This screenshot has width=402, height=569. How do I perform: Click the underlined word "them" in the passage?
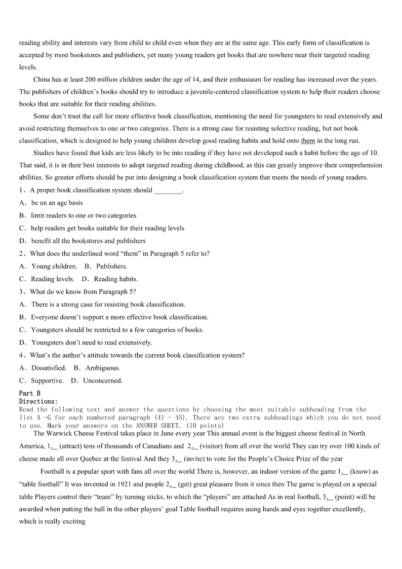[x=308, y=141]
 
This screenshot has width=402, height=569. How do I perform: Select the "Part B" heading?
[x=30, y=393]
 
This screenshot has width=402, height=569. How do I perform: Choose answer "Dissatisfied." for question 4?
[x=49, y=368]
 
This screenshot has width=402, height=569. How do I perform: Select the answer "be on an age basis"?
[x=57, y=203]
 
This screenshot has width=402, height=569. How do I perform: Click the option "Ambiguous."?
[x=103, y=368]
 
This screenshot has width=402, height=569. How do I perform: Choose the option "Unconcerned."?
[x=103, y=381]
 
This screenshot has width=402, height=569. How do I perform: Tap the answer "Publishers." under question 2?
[x=112, y=266]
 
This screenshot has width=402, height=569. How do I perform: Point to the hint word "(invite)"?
[x=196, y=459]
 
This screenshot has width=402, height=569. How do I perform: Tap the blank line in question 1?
[x=168, y=191]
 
